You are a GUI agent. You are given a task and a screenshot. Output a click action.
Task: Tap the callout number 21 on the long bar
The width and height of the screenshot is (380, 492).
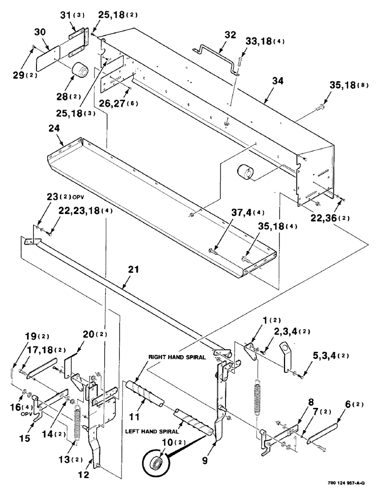coord(133,271)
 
